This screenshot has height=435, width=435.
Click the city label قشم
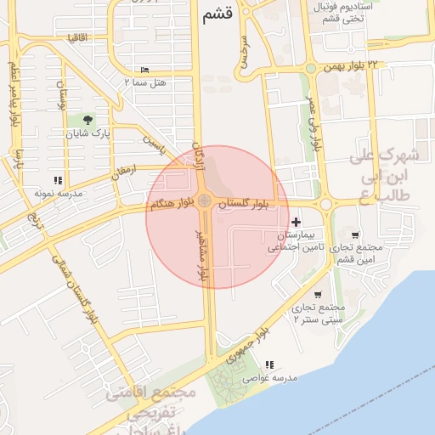click(217, 14)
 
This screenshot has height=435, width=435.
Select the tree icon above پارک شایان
click(91, 119)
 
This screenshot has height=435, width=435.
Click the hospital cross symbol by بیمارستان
click(296, 222)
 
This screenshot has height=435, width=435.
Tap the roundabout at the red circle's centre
click(205, 201)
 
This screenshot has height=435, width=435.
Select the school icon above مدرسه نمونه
click(58, 180)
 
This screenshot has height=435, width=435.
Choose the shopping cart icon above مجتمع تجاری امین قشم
click(354, 234)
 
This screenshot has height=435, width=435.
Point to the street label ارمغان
click(122, 171)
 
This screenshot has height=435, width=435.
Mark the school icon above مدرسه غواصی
click(270, 364)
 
